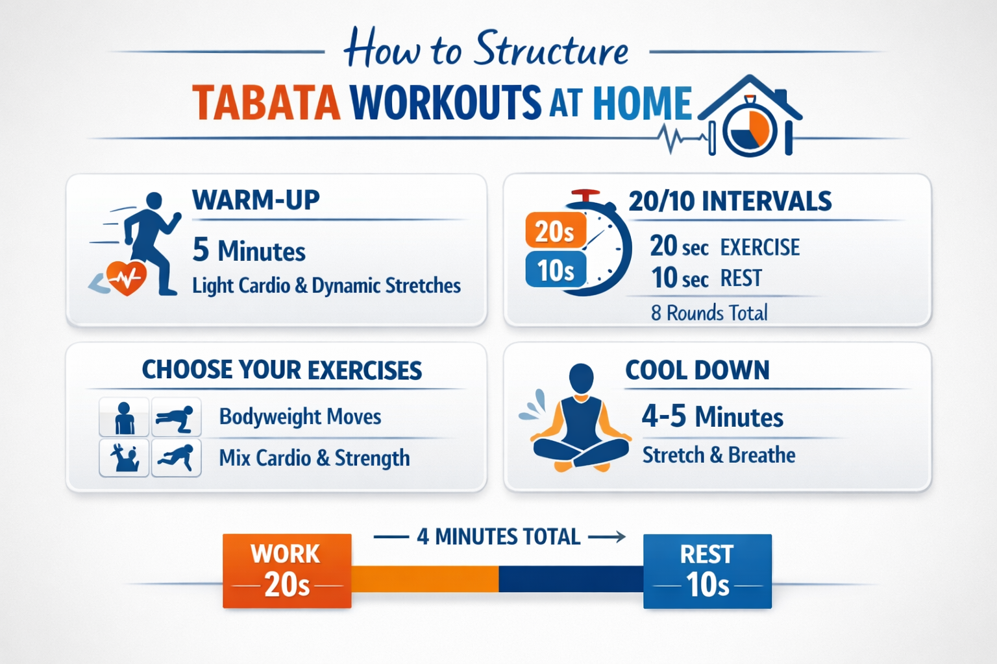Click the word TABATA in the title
click(x=266, y=104)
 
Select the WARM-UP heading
click(x=256, y=200)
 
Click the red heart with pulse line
click(x=127, y=278)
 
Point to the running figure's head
click(x=154, y=200)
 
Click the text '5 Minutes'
click(x=249, y=250)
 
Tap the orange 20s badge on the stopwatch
click(x=555, y=231)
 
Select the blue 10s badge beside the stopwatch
click(x=555, y=270)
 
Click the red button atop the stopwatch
click(x=585, y=195)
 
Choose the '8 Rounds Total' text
click(x=709, y=313)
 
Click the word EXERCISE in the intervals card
click(x=760, y=247)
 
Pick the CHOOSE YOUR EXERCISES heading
click(x=282, y=370)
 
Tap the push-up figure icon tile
click(x=176, y=418)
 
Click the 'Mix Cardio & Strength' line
click(x=314, y=458)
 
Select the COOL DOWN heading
click(x=697, y=370)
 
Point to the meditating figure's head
click(x=581, y=377)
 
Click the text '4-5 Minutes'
click(x=712, y=416)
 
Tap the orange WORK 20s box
click(x=287, y=571)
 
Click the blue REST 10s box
click(x=707, y=571)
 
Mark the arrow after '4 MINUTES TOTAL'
click(x=607, y=537)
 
